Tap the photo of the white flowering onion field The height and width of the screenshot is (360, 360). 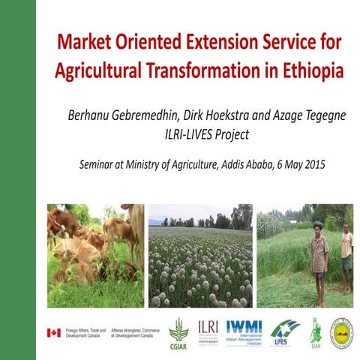click(199, 256)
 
